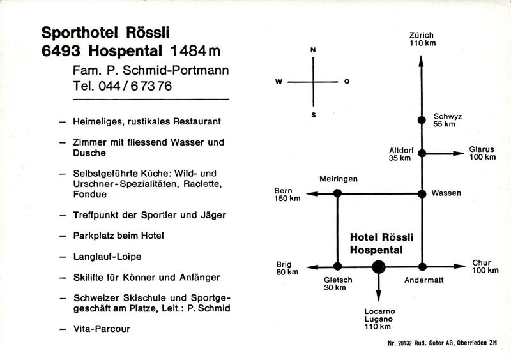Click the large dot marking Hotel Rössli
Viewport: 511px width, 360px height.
[378, 267]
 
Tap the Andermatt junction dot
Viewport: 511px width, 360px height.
[422, 267]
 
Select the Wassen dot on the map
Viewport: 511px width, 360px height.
[422, 194]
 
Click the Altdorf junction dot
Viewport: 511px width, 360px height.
[422, 153]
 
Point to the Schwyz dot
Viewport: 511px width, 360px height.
[422, 120]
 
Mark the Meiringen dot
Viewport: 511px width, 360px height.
[337, 193]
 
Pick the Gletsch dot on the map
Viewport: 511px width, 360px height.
[338, 266]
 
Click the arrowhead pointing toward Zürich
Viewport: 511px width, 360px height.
[421, 61]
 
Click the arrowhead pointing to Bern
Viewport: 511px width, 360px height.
[312, 194]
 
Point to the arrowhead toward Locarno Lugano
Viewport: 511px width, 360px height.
[378, 295]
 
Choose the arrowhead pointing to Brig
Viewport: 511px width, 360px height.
[313, 267]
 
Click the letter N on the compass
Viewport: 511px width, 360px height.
[313, 50]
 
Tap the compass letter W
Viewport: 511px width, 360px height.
[278, 82]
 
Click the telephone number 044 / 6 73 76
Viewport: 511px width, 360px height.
[135, 86]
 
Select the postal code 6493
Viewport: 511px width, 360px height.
[61, 51]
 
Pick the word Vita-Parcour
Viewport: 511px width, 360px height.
[102, 329]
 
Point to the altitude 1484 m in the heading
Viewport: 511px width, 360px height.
[195, 51]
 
